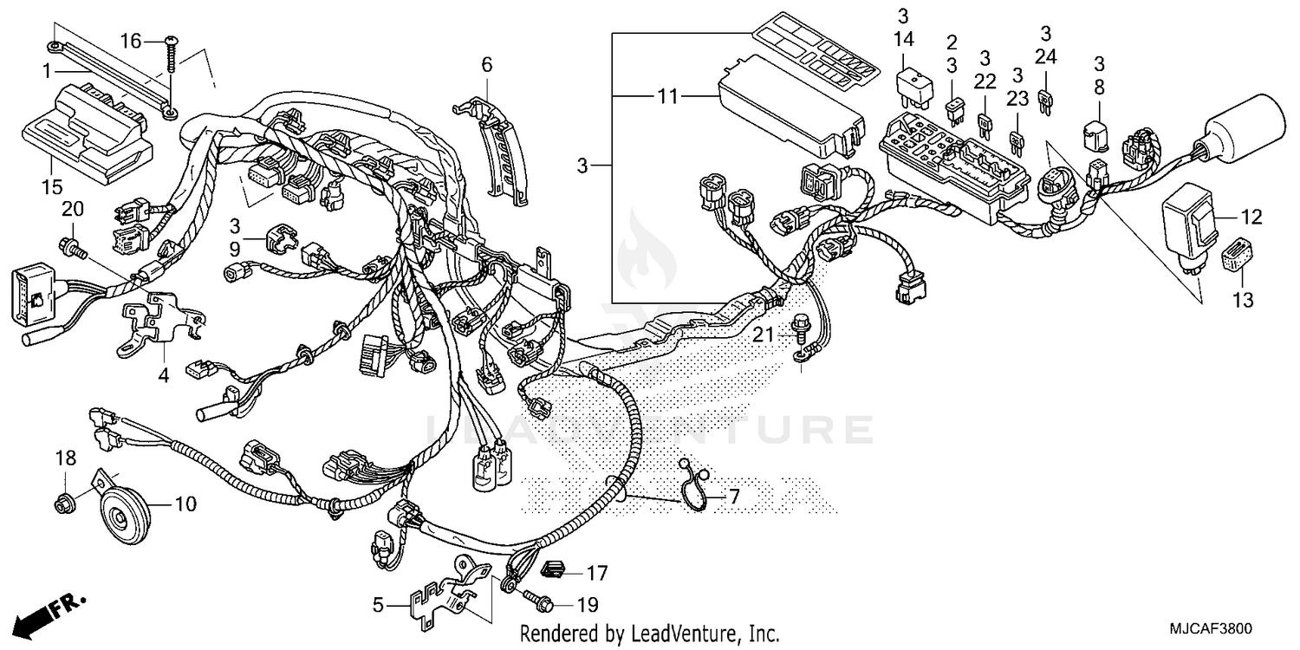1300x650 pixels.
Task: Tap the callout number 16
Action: [x=130, y=41]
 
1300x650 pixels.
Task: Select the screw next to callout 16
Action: [x=171, y=55]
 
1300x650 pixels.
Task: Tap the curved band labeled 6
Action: [x=502, y=147]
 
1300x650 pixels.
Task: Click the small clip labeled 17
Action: [x=553, y=569]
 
